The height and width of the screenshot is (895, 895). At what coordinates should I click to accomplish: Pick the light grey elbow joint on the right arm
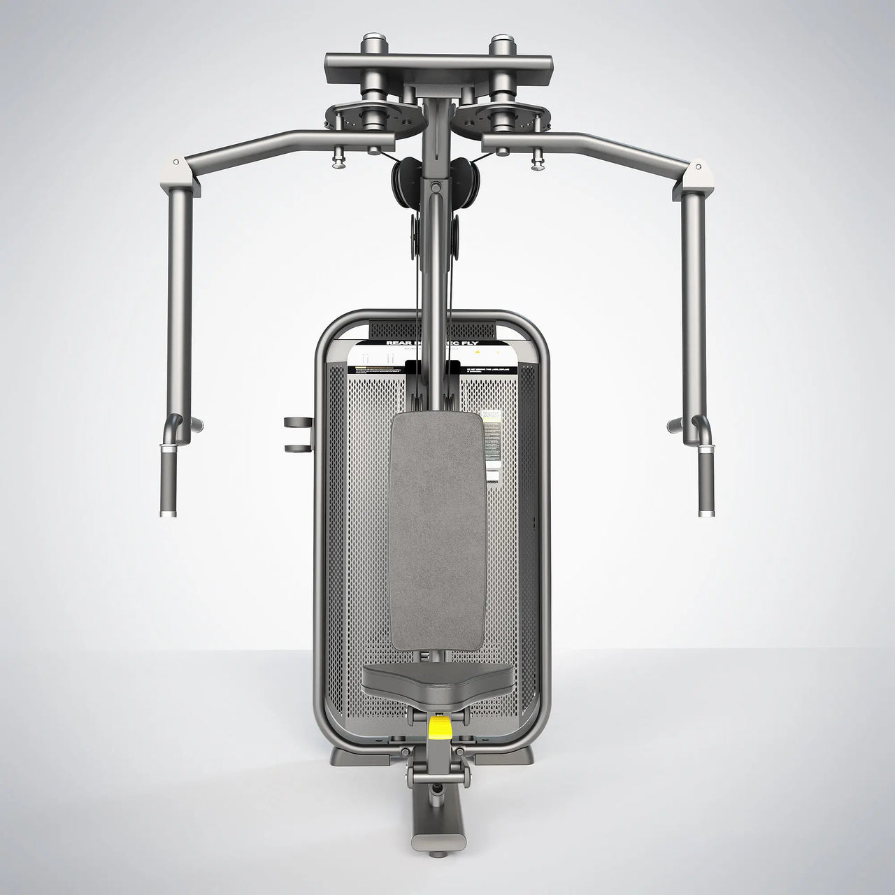tap(696, 169)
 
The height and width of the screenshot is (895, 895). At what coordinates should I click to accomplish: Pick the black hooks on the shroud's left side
tap(298, 434)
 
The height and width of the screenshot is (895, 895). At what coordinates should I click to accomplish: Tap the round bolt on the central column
tap(436, 187)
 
